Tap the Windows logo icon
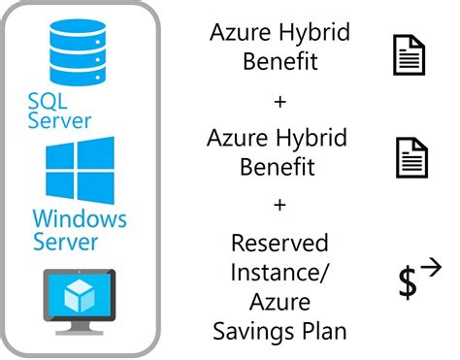tap(80, 170)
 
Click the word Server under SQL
tap(60, 120)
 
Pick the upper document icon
tap(409, 54)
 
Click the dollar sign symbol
tap(408, 282)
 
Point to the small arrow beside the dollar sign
tap(431, 266)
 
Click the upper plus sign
tap(279, 100)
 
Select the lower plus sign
tap(279, 205)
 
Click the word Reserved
tap(279, 243)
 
